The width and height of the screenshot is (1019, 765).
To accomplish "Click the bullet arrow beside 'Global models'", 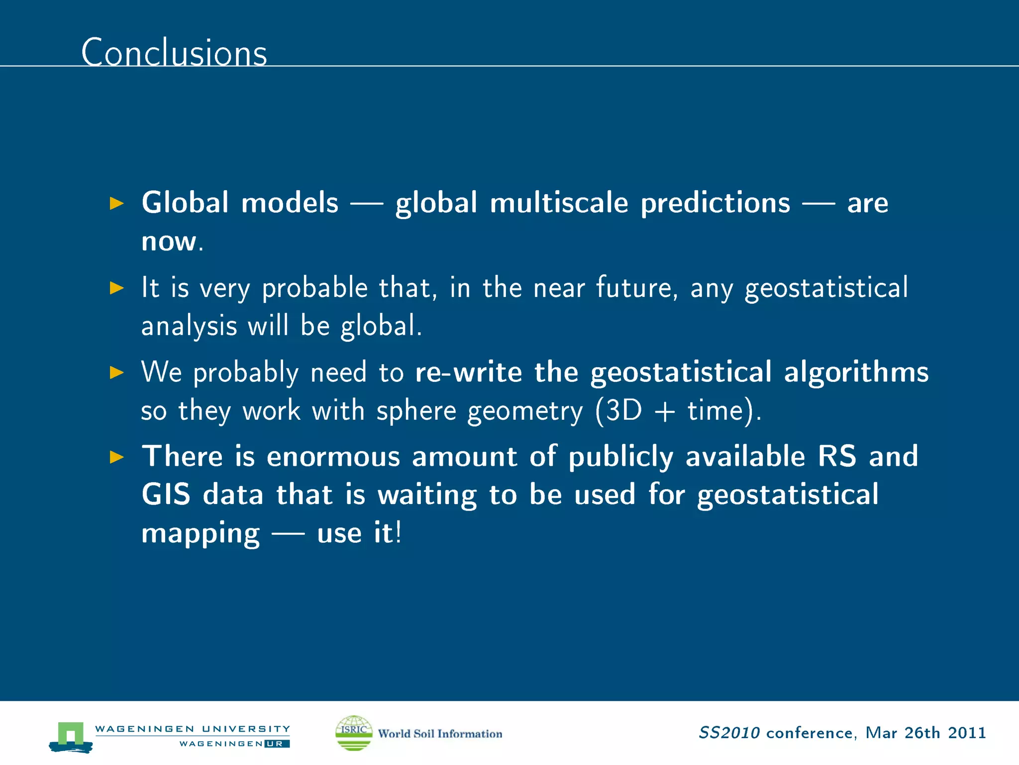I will coord(116,203).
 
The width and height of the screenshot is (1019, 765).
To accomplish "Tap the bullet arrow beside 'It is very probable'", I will coord(116,288).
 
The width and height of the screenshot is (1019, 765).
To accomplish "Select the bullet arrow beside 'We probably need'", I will coord(116,372).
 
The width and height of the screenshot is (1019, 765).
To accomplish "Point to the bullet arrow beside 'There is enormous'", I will coord(116,457).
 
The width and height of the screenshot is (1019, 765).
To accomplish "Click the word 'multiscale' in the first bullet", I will coord(559,203).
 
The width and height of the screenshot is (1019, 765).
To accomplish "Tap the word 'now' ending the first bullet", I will coord(169,242).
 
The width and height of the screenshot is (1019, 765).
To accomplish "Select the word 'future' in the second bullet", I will coord(636,288).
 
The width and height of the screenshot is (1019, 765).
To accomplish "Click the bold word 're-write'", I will coord(468,372).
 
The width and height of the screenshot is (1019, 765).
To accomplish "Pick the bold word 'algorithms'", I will coord(856,372).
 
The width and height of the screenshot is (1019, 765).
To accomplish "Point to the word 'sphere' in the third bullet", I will coord(416,411).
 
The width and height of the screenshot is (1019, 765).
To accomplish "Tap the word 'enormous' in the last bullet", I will coord(333,457).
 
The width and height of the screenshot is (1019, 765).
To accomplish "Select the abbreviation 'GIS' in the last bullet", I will coord(166,495).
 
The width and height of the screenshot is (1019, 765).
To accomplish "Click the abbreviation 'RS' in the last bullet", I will coord(837,457).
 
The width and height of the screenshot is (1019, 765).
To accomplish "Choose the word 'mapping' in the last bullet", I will coord(201,534).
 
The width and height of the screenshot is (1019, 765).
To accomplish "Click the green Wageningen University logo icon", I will coord(71,736).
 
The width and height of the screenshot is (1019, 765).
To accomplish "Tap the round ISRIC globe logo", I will coord(354,733).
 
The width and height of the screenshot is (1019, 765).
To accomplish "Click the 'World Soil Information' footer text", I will coord(440,734).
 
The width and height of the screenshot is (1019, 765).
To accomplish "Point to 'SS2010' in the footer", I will coord(729,733).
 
